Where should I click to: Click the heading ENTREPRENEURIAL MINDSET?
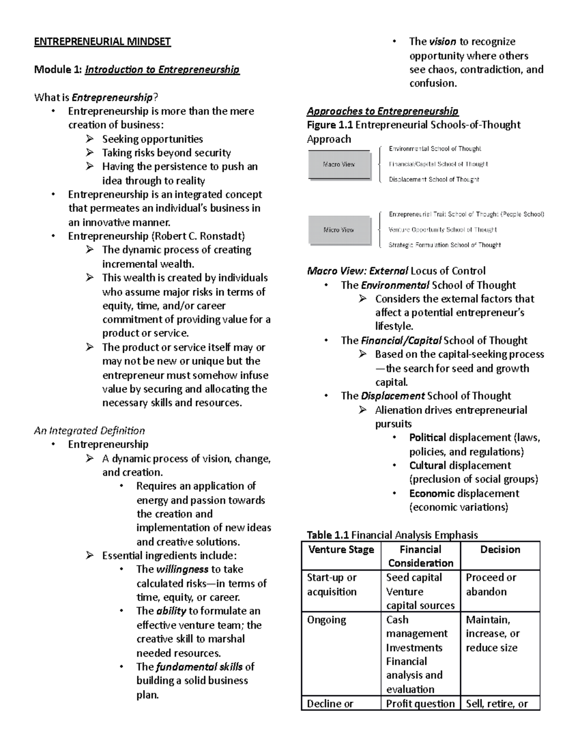click(x=102, y=42)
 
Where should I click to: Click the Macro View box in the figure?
click(x=339, y=164)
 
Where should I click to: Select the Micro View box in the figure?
click(x=339, y=230)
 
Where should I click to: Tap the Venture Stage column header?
click(x=341, y=550)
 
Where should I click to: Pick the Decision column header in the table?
click(x=500, y=550)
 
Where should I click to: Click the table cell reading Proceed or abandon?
click(x=491, y=585)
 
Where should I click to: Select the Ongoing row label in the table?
click(x=327, y=620)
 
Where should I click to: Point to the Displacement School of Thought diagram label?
click(x=434, y=179)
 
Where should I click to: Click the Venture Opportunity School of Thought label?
click(x=443, y=230)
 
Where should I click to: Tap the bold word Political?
click(x=427, y=438)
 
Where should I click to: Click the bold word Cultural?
click(x=427, y=466)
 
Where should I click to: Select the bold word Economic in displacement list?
click(x=432, y=494)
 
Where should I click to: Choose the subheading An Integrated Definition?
click(x=89, y=430)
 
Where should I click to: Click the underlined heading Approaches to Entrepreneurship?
click(x=382, y=111)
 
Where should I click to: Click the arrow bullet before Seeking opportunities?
click(x=90, y=139)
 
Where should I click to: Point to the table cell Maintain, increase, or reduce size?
click(x=492, y=633)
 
